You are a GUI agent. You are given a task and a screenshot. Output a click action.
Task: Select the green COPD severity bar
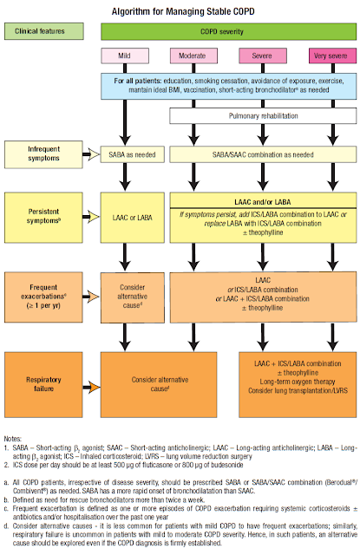[x=229, y=32]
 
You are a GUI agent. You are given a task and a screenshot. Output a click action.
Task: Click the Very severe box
[x=328, y=56]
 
